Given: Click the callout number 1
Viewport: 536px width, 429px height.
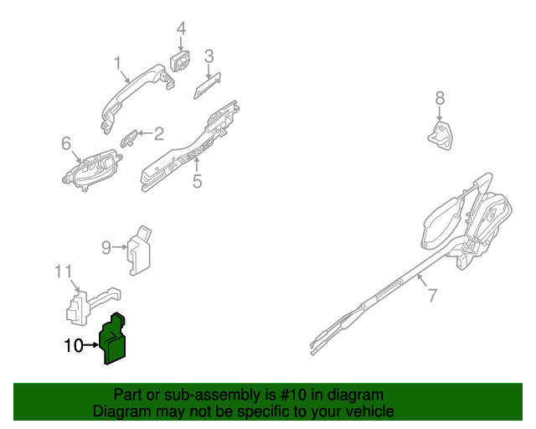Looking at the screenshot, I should [118, 63].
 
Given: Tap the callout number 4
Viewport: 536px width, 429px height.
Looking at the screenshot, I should [181, 29].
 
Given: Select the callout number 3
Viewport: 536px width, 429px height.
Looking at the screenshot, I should [209, 56].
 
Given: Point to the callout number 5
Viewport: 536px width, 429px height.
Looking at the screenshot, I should [198, 180].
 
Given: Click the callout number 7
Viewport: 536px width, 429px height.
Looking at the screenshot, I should [432, 295].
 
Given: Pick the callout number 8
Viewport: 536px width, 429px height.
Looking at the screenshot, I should [441, 100].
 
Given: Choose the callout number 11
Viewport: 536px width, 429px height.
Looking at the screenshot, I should [64, 271].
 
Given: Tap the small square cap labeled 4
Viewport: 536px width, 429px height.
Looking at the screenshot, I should [179, 62].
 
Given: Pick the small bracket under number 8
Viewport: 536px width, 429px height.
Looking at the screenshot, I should [440, 134].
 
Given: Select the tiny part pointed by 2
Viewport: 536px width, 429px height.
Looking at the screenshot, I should [130, 136].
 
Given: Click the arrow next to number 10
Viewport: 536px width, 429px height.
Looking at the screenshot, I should [91, 344].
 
